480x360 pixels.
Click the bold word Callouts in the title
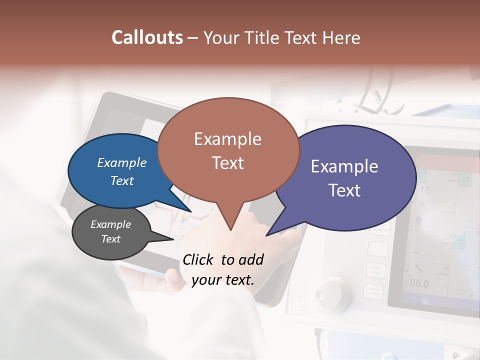pos(147,37)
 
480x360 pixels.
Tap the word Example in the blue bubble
pos(122,162)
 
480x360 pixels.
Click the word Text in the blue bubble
pos(122,180)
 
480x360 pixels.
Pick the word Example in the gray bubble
pos(111,224)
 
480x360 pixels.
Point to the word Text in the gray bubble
pos(111,239)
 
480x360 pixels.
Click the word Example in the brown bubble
pos(227,139)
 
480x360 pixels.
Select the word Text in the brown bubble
pos(227,163)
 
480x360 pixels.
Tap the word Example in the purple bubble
pos(344,166)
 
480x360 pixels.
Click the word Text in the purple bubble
pos(344,190)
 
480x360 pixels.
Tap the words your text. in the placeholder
pos(223,279)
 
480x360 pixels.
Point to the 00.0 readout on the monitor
pos(419,283)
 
